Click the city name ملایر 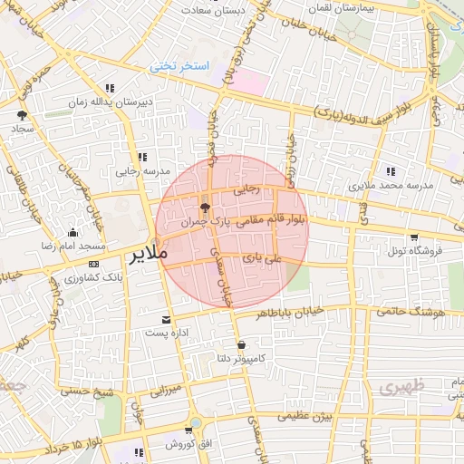click(149, 253)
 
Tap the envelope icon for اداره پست click(167, 319)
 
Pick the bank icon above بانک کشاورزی click(94, 263)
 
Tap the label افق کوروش click(188, 445)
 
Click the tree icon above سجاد click(22, 115)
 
